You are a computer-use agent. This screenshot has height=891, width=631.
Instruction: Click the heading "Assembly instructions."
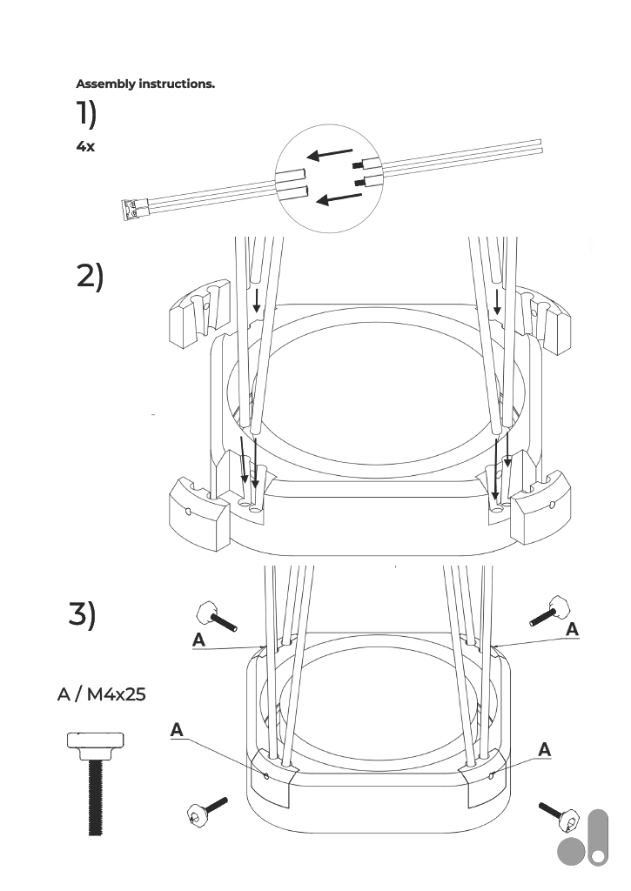click(145, 84)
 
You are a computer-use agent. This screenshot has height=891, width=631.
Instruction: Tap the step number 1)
click(86, 113)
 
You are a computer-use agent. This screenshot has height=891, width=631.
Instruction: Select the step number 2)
click(90, 276)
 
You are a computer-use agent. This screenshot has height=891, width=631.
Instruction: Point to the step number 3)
click(83, 614)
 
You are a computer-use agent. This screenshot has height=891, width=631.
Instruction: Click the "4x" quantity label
click(85, 146)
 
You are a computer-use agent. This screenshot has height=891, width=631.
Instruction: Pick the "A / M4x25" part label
click(101, 693)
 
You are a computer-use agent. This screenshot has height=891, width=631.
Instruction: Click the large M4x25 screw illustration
click(95, 784)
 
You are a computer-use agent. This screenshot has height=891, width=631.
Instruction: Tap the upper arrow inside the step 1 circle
click(330, 154)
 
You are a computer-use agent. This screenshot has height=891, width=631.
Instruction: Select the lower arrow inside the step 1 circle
click(339, 198)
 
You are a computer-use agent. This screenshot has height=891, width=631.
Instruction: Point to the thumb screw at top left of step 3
click(216, 616)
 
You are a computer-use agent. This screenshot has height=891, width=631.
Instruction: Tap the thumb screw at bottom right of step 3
click(560, 816)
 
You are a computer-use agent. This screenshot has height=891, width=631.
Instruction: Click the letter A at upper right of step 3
click(572, 629)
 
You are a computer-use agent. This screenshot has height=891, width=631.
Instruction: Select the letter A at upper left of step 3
click(198, 640)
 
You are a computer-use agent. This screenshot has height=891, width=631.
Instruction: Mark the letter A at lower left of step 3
click(177, 730)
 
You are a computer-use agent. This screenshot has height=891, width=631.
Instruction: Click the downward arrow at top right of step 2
click(498, 301)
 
